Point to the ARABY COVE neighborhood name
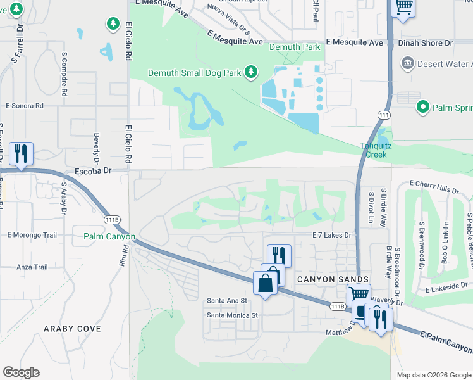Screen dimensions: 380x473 click(x=72, y=329)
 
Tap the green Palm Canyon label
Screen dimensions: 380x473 click(x=109, y=237)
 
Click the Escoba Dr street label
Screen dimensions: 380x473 click(x=93, y=170)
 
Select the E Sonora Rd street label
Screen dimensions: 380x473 click(x=25, y=106)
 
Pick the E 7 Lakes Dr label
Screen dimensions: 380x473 click(x=331, y=235)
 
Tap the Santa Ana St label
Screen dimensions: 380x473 click(x=226, y=300)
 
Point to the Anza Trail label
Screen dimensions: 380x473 click(x=29, y=267)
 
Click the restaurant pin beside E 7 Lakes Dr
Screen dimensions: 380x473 click(x=278, y=255)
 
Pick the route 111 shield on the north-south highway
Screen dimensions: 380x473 click(x=383, y=115)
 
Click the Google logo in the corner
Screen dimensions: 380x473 click(x=21, y=372)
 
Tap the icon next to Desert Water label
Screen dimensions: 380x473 click(x=407, y=64)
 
